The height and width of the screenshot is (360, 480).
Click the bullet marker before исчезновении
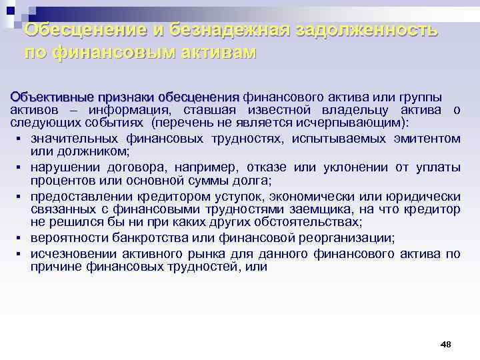(x=14, y=254)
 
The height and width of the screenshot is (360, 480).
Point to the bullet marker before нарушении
(x=14, y=167)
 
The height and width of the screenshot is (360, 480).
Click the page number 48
(x=446, y=344)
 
